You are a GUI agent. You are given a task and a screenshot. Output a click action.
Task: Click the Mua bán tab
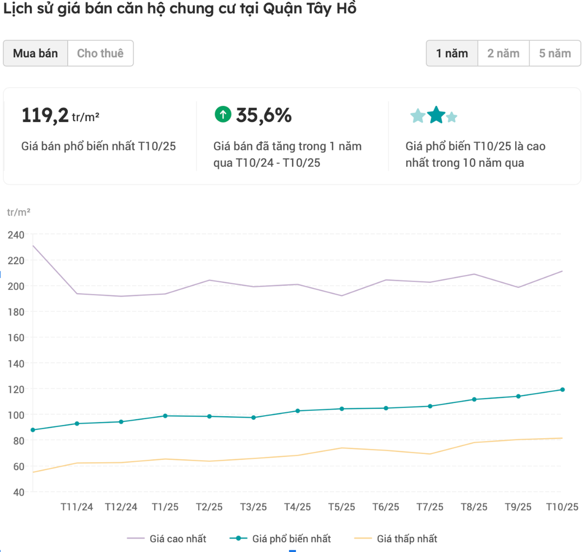tap(35, 53)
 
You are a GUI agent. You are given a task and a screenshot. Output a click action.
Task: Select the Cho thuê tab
tap(100, 53)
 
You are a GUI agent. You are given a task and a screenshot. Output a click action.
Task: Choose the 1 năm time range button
tap(452, 53)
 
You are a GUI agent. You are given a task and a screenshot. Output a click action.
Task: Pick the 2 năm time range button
tap(503, 53)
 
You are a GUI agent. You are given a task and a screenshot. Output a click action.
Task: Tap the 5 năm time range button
tap(555, 53)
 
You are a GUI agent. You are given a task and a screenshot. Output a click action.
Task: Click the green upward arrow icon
tap(223, 114)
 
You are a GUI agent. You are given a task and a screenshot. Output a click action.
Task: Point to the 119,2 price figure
tap(45, 115)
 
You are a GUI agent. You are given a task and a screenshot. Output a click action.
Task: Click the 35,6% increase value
tap(264, 115)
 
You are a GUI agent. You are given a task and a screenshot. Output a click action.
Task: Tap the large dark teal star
tap(436, 115)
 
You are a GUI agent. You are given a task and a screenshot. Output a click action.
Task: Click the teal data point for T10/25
tap(562, 390)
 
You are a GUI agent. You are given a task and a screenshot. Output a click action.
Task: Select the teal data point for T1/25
tap(165, 416)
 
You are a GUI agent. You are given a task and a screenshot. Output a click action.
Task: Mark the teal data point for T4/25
tap(297, 411)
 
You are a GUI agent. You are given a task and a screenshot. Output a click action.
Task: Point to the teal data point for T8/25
tap(474, 400)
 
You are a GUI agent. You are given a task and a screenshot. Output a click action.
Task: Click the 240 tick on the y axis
tap(16, 235)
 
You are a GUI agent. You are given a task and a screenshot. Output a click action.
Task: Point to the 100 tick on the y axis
tap(16, 415)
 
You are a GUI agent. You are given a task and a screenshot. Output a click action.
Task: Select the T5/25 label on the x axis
tap(342, 507)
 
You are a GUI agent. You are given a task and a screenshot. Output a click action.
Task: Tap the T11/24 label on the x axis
tap(77, 507)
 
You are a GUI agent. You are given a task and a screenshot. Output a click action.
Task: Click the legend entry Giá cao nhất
tap(178, 539)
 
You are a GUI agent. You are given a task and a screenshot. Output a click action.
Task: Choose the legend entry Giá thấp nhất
tap(407, 539)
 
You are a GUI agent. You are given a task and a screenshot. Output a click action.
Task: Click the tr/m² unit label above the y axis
tap(19, 212)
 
